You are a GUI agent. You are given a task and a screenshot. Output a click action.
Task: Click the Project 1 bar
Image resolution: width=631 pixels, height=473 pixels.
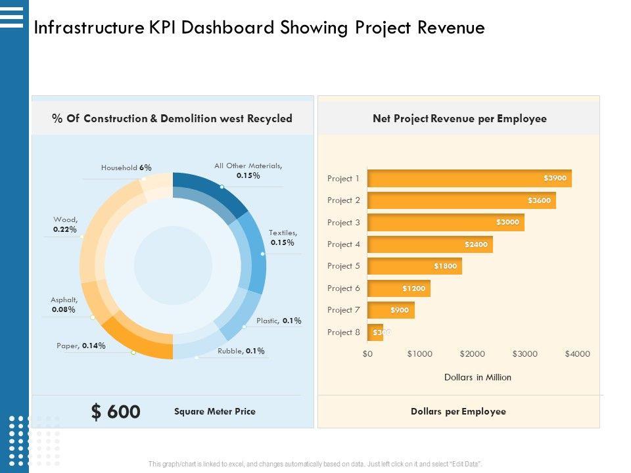[x=469, y=178]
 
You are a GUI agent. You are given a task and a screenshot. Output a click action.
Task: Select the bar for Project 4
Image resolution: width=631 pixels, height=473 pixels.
[x=430, y=244]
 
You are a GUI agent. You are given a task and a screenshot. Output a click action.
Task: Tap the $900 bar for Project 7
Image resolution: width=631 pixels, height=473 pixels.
[x=391, y=310]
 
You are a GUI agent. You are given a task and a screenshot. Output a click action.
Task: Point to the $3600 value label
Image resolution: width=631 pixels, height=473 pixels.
[x=539, y=200]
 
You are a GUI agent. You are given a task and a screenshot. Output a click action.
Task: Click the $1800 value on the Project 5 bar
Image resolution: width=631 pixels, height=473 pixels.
[x=445, y=266]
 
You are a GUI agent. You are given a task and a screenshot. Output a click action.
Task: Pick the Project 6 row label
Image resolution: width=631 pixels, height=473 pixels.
[x=344, y=288]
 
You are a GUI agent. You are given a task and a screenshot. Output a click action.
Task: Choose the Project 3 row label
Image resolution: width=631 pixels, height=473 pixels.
[x=344, y=223]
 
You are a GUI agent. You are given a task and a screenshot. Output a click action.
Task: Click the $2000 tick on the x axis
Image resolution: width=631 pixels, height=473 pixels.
[x=472, y=354]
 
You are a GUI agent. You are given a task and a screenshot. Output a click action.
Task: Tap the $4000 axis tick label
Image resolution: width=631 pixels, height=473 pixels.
[x=577, y=354]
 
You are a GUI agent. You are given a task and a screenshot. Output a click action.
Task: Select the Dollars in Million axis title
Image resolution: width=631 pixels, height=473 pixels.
[x=477, y=378]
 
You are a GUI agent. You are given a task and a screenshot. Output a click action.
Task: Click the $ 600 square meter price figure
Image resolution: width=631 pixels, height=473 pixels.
[x=116, y=412]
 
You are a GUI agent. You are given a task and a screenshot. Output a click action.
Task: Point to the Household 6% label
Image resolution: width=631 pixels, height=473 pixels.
[x=126, y=168]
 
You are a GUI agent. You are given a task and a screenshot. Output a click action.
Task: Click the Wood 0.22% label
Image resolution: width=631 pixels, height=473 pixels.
[x=65, y=225]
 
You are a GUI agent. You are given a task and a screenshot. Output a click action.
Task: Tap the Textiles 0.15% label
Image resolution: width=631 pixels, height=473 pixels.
[x=283, y=237]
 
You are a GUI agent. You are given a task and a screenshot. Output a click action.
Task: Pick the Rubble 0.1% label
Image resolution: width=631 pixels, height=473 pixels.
[x=241, y=351]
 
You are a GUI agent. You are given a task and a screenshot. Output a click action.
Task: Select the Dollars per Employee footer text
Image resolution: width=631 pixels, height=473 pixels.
[x=458, y=412]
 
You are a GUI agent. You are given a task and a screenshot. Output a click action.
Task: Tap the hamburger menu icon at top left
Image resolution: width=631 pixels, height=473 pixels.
[x=12, y=16]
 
